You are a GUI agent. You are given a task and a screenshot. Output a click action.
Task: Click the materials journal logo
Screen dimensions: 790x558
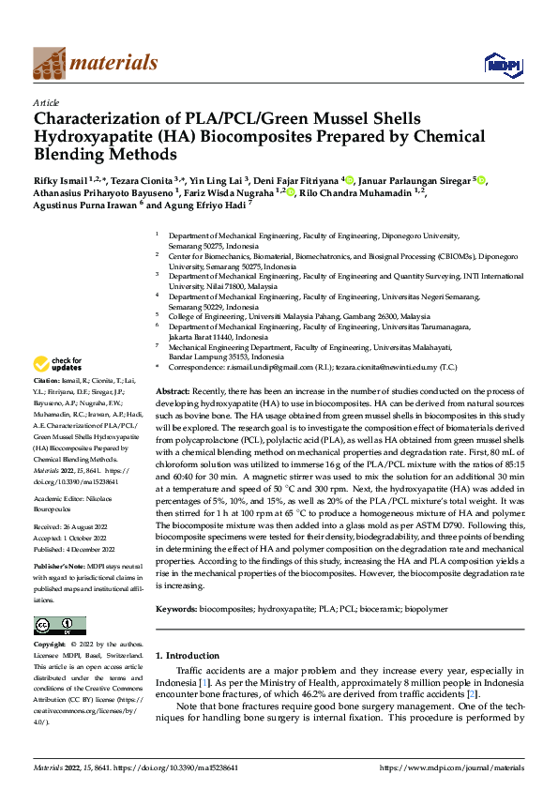click(x=95, y=63)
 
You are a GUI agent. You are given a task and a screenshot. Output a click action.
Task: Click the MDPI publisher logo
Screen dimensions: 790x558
click(x=502, y=64)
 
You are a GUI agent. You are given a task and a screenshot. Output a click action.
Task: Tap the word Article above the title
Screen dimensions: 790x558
click(x=46, y=102)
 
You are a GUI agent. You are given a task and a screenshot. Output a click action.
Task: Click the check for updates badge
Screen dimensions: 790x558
click(x=58, y=364)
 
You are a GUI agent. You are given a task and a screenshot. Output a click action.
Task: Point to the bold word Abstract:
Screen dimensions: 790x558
click(x=172, y=389)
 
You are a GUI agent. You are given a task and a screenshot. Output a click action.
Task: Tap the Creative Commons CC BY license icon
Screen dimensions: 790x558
click(x=59, y=625)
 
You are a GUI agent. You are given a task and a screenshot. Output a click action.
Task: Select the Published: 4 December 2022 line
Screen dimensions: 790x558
click(x=73, y=549)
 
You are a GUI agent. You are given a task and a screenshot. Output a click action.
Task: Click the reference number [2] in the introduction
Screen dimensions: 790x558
click(x=474, y=692)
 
